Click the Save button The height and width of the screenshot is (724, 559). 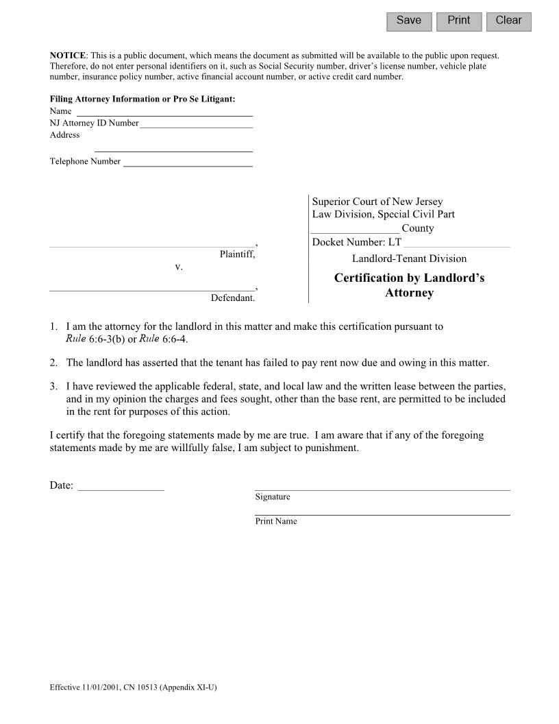click(409, 21)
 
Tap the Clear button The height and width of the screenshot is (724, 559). click(508, 21)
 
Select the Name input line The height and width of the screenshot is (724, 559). click(164, 111)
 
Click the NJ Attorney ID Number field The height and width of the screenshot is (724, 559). click(196, 123)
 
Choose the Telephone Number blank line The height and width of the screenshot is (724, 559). click(188, 162)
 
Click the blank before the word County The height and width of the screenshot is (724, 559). click(355, 228)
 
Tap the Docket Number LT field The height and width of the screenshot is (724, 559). click(457, 242)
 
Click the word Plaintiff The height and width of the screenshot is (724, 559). click(237, 254)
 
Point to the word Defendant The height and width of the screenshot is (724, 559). click(233, 298)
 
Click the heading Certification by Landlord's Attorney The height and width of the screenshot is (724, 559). click(409, 285)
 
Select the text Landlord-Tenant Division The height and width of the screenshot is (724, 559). click(409, 258)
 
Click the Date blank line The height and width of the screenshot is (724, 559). click(121, 486)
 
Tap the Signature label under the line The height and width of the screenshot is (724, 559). click(273, 497)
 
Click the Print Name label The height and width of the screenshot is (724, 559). click(276, 522)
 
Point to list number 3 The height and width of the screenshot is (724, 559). click(53, 386)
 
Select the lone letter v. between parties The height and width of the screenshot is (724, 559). click(179, 267)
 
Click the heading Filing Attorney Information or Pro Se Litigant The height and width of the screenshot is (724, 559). click(142, 99)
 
